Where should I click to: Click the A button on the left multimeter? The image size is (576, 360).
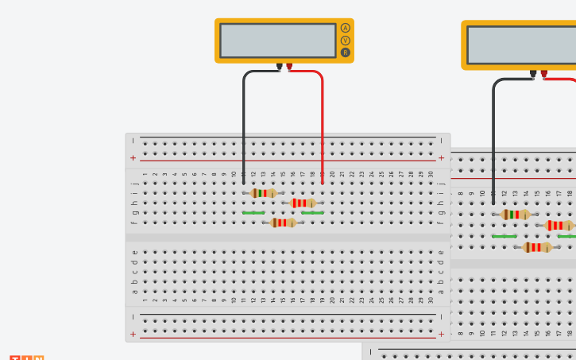click(346, 28)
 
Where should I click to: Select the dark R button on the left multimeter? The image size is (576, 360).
click(346, 52)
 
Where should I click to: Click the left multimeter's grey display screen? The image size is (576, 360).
click(277, 41)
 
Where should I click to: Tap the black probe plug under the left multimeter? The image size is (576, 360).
click(279, 67)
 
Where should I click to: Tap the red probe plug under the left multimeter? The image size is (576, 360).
click(289, 67)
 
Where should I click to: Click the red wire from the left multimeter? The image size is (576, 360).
click(322, 119)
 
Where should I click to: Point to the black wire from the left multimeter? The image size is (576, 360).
click(244, 119)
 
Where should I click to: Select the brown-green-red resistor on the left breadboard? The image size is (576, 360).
click(263, 193)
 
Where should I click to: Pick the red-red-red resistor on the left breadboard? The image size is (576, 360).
click(303, 203)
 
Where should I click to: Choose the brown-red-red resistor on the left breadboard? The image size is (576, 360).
click(283, 223)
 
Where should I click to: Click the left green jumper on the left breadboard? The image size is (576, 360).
click(253, 213)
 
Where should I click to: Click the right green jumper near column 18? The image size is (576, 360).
click(312, 213)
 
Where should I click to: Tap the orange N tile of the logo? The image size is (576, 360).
click(39, 358)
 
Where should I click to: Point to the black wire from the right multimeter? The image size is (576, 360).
click(493, 135)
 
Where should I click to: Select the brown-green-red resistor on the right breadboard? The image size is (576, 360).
click(515, 215)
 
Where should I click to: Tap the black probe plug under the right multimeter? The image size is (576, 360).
click(533, 74)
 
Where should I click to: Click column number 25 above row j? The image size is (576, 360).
click(381, 173)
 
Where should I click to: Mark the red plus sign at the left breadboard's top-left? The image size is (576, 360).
click(133, 158)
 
